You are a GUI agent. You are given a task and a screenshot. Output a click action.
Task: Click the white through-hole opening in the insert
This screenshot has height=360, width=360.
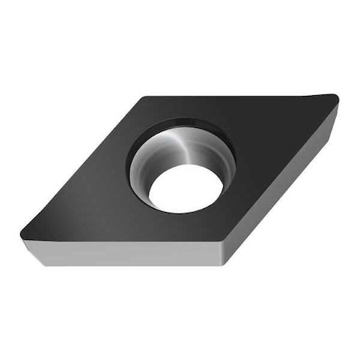186,188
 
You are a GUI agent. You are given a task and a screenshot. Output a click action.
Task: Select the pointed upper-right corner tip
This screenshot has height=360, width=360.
337,99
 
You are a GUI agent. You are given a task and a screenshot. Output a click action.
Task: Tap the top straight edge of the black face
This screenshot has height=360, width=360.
240,98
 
